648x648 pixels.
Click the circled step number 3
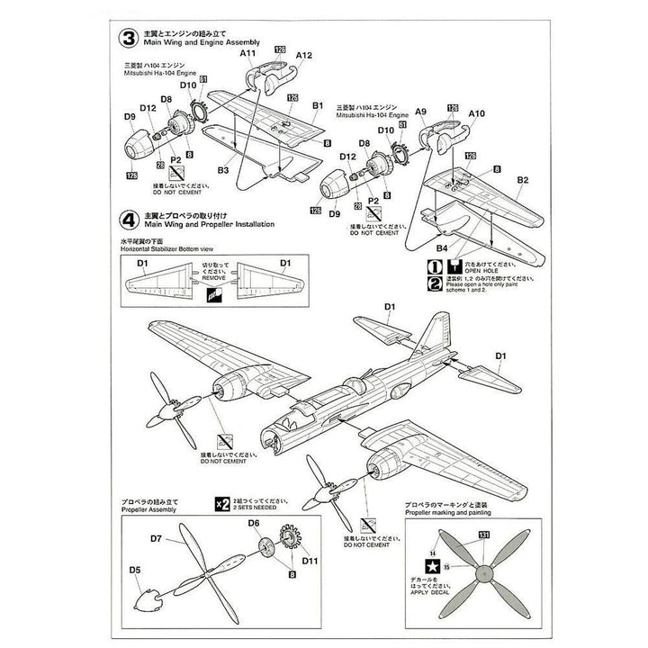click(130, 40)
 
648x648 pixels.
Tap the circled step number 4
click(130, 219)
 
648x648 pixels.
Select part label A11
click(248, 54)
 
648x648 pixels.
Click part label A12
click(304, 54)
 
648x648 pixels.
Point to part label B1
click(317, 106)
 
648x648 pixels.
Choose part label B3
click(221, 169)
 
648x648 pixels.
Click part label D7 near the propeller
click(155, 539)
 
